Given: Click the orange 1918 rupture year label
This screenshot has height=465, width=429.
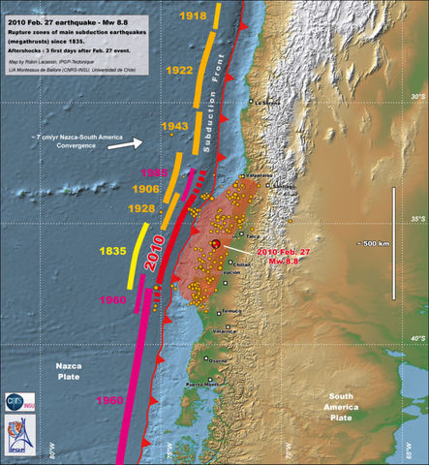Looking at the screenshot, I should (192, 16).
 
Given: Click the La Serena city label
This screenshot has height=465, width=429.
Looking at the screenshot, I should (267, 102).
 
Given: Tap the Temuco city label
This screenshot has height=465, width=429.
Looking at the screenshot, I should (230, 311).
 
